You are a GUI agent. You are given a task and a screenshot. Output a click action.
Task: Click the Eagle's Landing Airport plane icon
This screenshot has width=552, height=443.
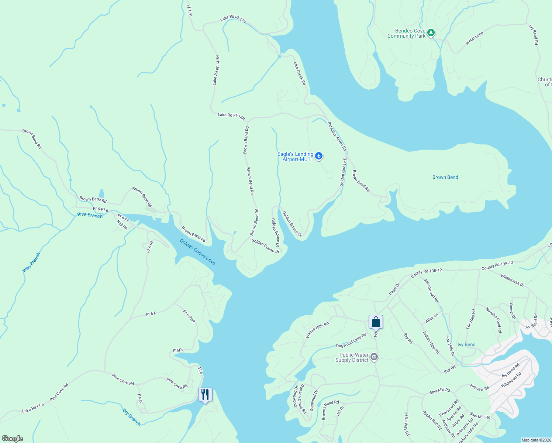[319, 157]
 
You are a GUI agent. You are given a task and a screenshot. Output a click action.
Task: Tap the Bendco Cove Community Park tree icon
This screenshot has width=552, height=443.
[431, 34]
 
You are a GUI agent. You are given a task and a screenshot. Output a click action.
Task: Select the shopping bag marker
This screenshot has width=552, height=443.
[376, 322]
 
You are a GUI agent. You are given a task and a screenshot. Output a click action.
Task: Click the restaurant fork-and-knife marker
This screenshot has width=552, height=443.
[205, 395]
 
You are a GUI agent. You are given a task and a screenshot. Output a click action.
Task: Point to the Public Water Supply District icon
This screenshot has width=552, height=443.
[374, 357]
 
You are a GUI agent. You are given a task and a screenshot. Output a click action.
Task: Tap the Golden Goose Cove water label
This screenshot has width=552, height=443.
[197, 252]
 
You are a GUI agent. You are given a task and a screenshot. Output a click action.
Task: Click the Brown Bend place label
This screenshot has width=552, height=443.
[445, 177]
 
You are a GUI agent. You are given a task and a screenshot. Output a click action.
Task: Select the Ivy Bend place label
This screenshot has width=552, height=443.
[466, 344]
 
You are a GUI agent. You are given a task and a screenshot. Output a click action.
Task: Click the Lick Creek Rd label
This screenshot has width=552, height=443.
[300, 73]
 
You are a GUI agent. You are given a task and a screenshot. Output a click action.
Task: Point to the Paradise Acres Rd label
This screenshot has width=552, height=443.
[337, 136]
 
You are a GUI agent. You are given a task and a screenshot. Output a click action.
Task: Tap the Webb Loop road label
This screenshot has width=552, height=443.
[474, 39]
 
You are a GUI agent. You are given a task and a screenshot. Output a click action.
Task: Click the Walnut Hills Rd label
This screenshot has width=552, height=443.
[317, 330]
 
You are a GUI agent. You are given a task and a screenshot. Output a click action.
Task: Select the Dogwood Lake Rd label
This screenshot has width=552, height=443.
[351, 340]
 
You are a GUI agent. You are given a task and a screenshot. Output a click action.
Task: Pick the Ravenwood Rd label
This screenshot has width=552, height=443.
[431, 291]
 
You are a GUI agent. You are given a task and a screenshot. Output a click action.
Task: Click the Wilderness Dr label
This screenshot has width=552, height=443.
[512, 280]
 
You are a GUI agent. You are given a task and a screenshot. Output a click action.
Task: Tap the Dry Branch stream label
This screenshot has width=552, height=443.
[132, 417]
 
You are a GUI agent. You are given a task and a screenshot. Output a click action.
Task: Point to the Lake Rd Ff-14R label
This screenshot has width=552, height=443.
[231, 117]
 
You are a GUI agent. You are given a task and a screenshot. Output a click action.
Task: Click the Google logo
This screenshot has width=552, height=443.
[13, 438]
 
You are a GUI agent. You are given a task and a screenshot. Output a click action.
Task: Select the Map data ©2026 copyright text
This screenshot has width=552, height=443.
[535, 440]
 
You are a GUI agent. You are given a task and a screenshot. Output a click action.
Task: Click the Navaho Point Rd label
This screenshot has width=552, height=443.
[494, 320]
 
